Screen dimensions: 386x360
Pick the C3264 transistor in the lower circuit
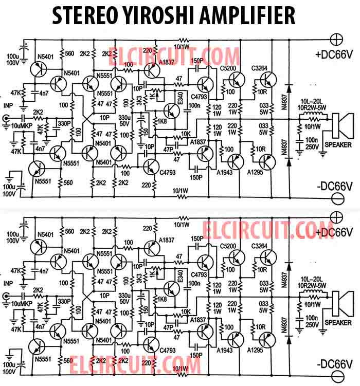pyautogui.click(x=267, y=257)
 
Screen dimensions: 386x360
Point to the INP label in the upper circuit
pyautogui.click(x=8, y=106)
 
